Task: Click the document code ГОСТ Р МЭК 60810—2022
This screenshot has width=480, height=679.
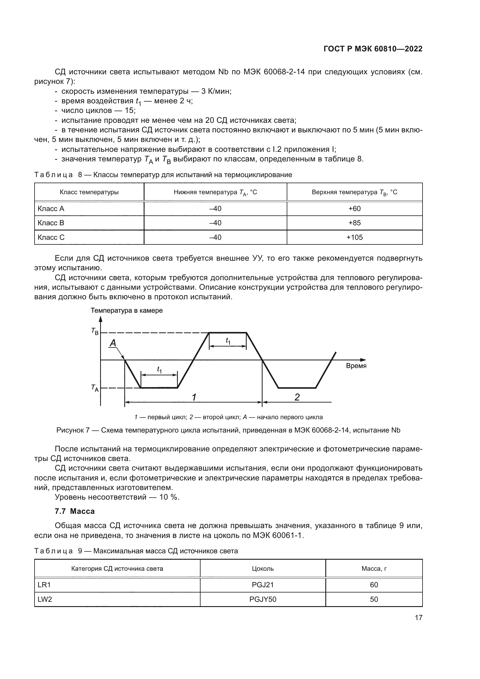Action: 373,49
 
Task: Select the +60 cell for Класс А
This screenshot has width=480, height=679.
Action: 354,208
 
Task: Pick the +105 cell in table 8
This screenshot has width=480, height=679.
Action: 354,237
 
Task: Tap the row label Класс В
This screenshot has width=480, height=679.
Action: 51,223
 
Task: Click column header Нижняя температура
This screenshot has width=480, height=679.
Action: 215,192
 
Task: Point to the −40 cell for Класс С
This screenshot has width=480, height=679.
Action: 215,237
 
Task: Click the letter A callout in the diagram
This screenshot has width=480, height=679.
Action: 113,343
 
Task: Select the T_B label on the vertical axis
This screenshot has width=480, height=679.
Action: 95,331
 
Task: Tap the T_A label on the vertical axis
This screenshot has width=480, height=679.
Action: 95,388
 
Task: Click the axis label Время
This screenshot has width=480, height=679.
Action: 356,366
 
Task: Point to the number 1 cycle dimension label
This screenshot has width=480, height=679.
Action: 194,397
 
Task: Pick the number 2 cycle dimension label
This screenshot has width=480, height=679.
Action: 297,397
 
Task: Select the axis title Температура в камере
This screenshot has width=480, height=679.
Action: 127,311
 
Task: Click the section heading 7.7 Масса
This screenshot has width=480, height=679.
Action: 75,511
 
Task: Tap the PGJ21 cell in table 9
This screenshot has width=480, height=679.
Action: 263,585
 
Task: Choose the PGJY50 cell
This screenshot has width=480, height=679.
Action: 263,599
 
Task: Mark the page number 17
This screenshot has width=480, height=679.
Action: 418,617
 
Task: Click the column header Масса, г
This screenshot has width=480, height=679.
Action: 374,568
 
